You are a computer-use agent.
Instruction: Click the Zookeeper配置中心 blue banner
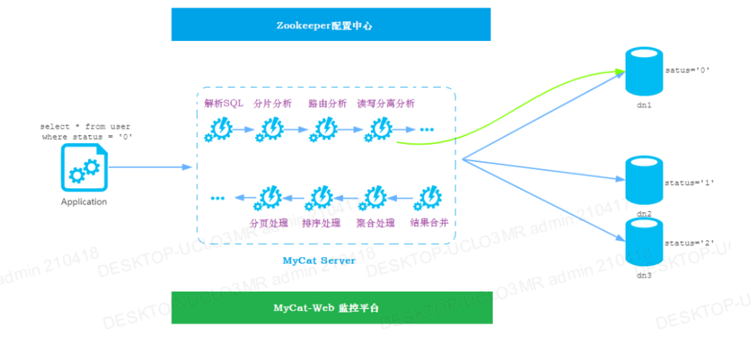click(331, 25)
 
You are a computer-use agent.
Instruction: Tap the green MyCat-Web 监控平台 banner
click(331, 307)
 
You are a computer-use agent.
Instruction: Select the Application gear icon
click(83, 168)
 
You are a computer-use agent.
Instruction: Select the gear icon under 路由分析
click(326, 130)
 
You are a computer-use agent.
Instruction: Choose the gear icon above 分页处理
click(269, 197)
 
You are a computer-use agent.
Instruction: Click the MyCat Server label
click(318, 260)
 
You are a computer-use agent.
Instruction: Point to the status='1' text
click(689, 183)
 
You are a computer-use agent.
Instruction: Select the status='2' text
click(689, 243)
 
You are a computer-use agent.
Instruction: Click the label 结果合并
click(429, 222)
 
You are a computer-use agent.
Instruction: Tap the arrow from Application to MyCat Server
click(151, 168)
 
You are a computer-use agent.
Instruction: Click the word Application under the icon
click(84, 202)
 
